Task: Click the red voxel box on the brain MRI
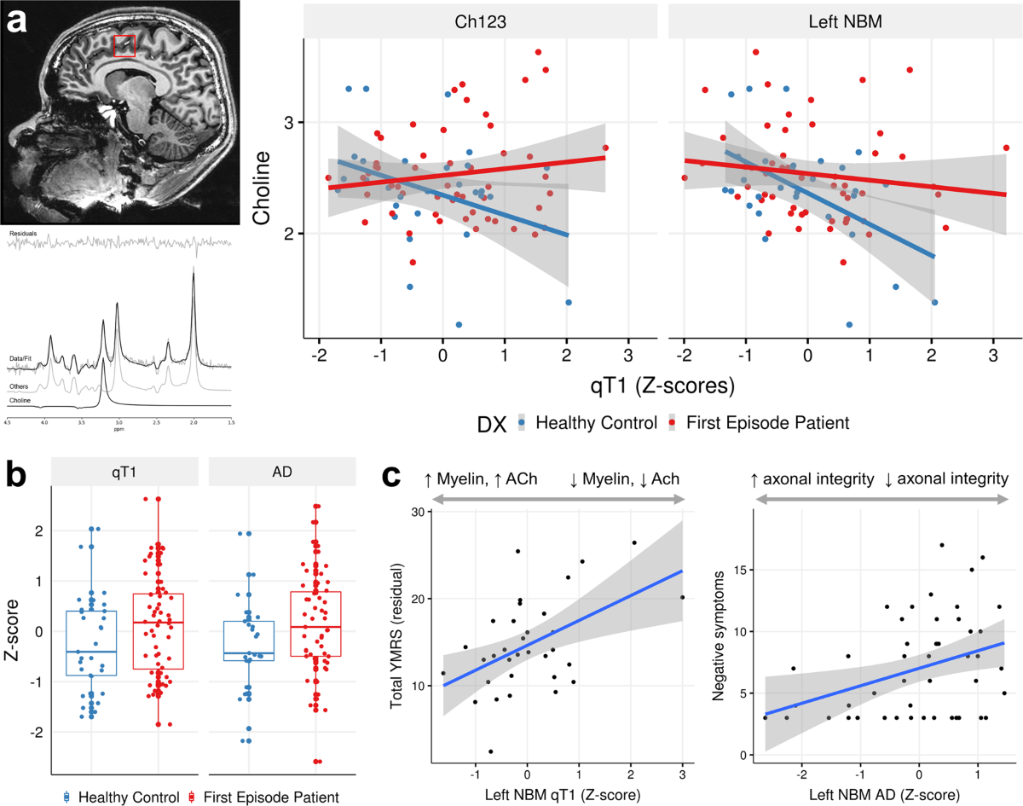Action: (124, 46)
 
